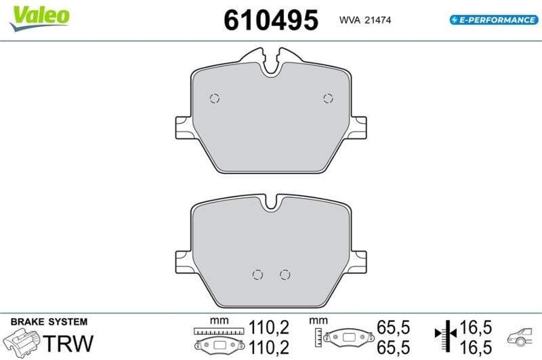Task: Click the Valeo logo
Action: coord(40,18)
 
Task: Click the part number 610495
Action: coord(271,20)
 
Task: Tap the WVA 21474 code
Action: coord(365,20)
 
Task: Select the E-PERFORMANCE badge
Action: coord(494,20)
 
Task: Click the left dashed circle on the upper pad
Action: coord(215,98)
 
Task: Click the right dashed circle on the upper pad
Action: coord(328,98)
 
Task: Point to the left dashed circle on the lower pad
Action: coord(257,275)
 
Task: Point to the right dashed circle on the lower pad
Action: coord(285,275)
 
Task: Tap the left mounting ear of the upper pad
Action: coord(184,127)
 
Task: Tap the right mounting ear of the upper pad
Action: coord(358,127)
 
